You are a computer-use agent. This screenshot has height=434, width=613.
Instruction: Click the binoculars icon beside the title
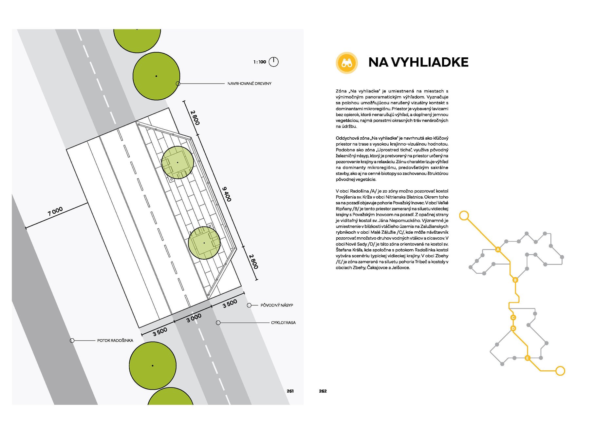[x=347, y=63]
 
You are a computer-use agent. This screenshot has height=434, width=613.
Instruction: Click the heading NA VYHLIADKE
[x=418, y=62]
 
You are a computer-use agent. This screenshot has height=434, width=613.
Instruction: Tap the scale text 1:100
[x=260, y=62]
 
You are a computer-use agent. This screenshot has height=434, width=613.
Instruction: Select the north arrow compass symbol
[x=273, y=62]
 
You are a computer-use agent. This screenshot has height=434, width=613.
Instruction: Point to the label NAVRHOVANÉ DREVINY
[x=250, y=84]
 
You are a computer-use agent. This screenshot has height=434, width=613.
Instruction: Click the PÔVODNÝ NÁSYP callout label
[x=277, y=305]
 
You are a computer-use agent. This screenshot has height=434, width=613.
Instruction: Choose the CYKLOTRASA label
[x=283, y=323]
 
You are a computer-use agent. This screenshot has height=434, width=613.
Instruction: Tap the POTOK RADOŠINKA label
[x=115, y=341]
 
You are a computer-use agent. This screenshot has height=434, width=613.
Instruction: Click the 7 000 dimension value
[x=55, y=211]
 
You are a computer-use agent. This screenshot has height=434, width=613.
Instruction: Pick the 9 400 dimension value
[x=227, y=194]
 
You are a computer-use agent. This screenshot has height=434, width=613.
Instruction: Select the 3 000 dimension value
[x=194, y=318]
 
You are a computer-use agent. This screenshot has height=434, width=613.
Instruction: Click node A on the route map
[x=498, y=249]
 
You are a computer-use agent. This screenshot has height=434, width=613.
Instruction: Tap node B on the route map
[x=515, y=280]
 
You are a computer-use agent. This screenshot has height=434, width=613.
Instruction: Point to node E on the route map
[x=527, y=358]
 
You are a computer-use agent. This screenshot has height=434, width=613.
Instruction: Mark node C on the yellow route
[x=513, y=317]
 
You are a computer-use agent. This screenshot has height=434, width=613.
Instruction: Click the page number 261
[x=290, y=391]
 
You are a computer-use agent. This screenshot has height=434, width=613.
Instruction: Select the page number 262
[x=323, y=391]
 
